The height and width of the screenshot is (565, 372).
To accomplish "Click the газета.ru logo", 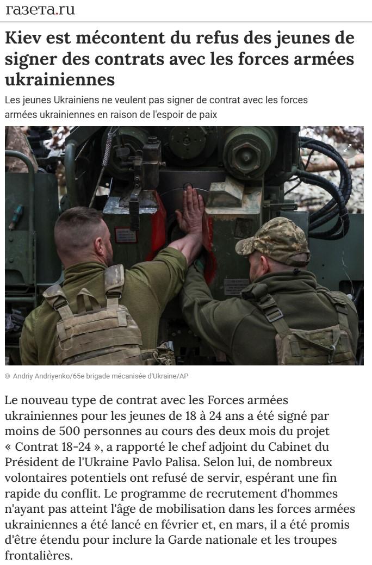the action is [40, 10].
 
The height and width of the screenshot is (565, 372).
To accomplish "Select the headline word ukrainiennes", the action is [60, 79].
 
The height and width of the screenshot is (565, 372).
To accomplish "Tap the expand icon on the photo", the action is [348, 148].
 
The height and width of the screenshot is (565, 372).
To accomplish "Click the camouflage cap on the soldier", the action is [273, 240].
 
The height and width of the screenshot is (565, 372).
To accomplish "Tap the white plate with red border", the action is [126, 235].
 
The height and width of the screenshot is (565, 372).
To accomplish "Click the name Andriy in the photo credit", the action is [24, 376].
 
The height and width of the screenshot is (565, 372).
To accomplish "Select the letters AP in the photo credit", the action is [184, 376].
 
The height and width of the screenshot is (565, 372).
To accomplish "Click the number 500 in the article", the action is [69, 431].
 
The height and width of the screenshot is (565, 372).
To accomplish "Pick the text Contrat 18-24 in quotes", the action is [53, 447].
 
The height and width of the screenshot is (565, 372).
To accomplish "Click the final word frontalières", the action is [39, 555].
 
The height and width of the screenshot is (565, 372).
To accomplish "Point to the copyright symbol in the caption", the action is [8, 376].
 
